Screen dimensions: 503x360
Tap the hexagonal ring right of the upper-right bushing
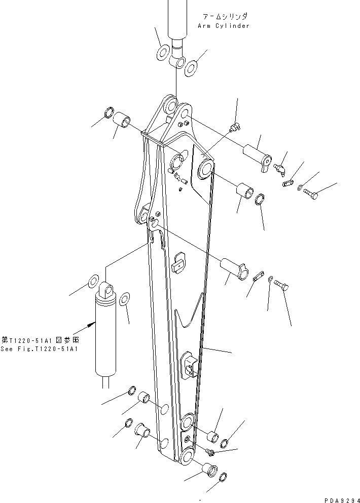[258, 198]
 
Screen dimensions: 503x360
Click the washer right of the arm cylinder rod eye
[191, 67]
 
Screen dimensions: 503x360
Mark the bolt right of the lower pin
[281, 286]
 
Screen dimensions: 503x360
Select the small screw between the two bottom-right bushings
[210, 449]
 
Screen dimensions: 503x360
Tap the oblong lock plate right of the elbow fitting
[289, 182]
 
